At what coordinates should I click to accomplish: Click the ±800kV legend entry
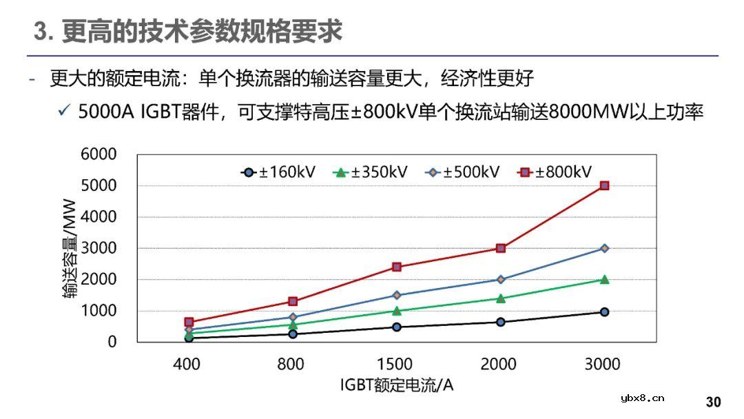[x=555, y=172]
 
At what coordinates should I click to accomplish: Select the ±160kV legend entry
[x=278, y=172]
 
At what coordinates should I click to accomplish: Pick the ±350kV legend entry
[x=371, y=172]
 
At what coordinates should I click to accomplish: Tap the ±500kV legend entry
[x=463, y=172]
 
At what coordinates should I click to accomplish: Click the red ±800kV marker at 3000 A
[x=604, y=185]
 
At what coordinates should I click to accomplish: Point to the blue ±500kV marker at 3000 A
[x=604, y=248]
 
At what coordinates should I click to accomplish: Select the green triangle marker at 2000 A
[x=500, y=298]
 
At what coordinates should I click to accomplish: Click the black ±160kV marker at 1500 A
[x=397, y=327]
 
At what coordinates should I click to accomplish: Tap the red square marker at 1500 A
[x=397, y=267]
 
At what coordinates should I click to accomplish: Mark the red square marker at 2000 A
[x=500, y=248]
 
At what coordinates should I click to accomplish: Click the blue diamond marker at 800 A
[x=293, y=318]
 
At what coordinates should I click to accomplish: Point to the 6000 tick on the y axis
[x=99, y=154]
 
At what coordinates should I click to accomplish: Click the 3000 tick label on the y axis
[x=99, y=248]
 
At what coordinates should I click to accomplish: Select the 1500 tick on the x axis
[x=395, y=364]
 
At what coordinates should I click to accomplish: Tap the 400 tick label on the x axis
[x=186, y=364]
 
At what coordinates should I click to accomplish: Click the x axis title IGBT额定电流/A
[x=396, y=385]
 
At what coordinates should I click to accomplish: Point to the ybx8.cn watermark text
[x=642, y=398]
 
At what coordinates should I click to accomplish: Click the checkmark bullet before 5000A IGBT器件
[x=64, y=112]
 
